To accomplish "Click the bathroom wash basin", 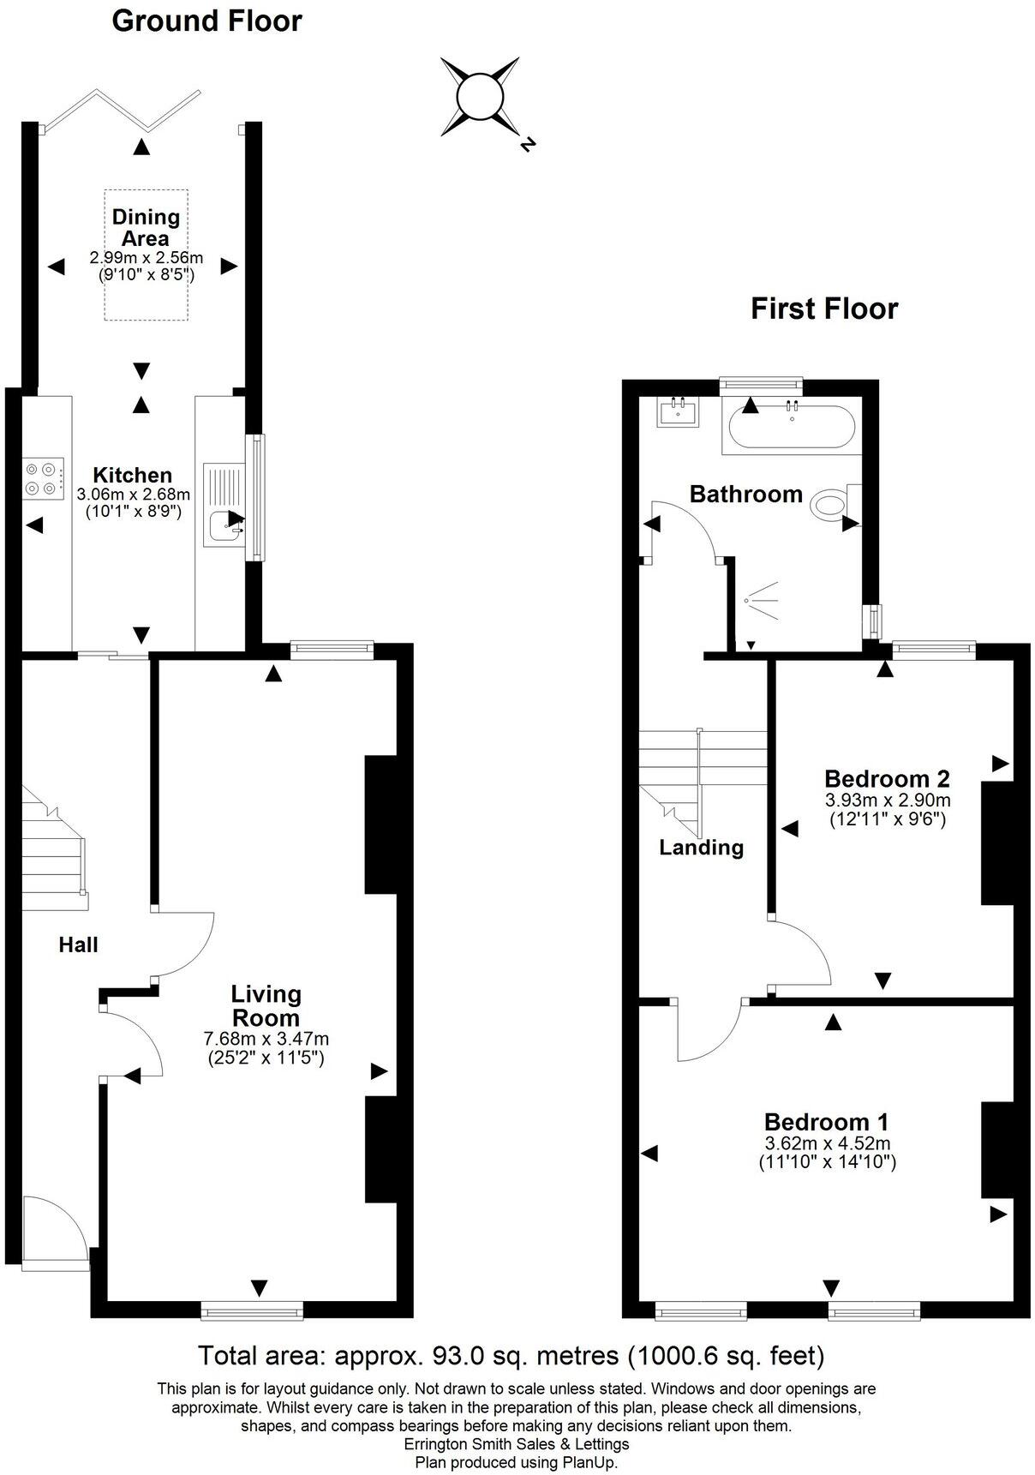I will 679,411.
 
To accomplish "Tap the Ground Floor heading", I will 206,21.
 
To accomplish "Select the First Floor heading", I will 823,309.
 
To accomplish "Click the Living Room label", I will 266,1005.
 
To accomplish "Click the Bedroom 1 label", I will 826,1122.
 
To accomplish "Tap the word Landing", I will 701,848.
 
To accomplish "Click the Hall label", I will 78,944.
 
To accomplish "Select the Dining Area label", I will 146,228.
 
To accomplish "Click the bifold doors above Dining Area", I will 121,108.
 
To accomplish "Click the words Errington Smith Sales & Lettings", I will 516,1444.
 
